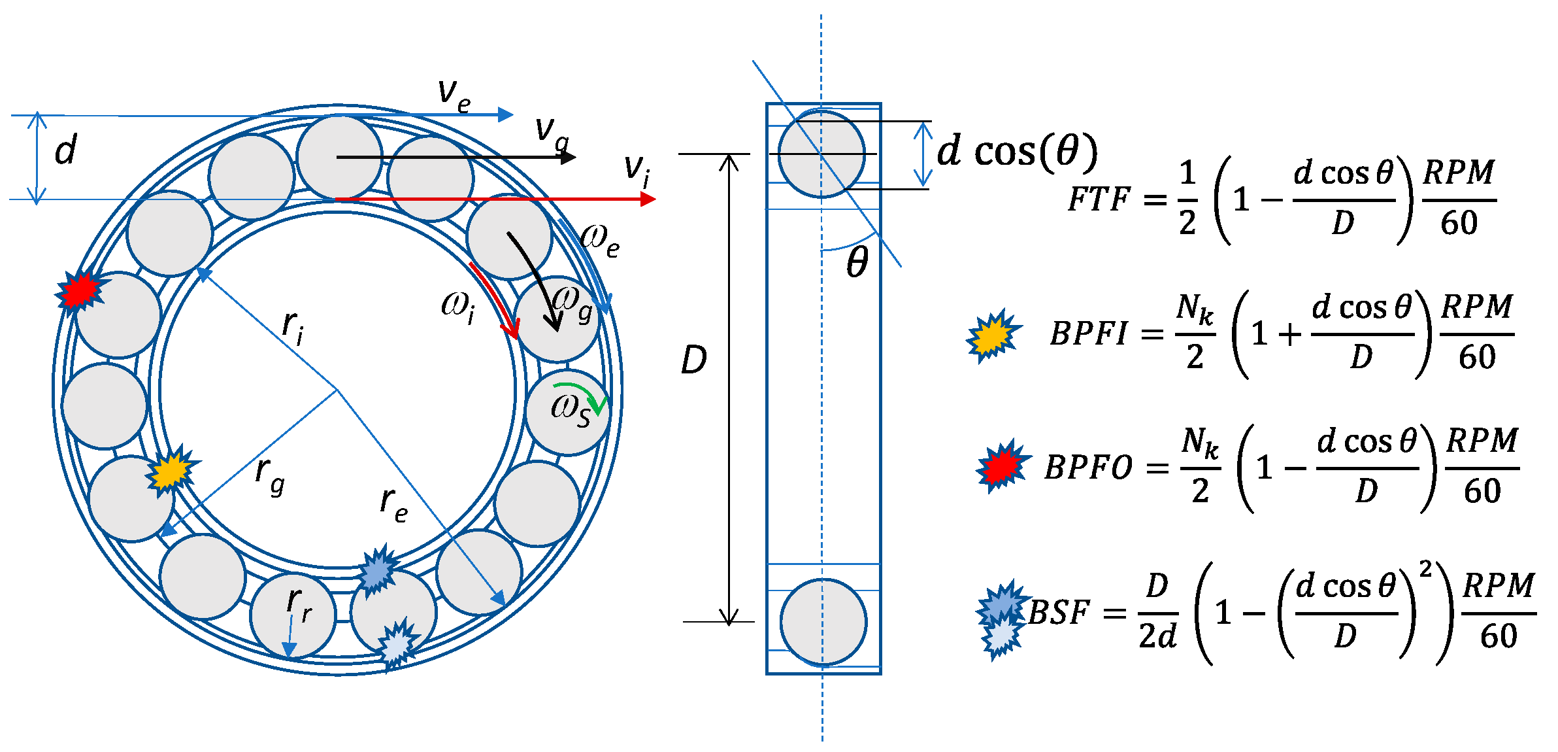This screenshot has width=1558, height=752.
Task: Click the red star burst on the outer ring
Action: tap(80, 290)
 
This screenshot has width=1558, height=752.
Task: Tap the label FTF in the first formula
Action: tap(1099, 199)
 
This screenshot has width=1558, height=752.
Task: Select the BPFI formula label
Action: tap(1088, 333)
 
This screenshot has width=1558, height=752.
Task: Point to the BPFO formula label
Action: tap(1088, 468)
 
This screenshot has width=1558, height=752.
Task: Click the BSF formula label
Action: tap(1059, 613)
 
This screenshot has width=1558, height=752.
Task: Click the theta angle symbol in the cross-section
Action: tap(857, 263)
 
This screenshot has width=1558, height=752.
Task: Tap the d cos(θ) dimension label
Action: tap(1017, 152)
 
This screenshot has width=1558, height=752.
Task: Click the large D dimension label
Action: tap(693, 360)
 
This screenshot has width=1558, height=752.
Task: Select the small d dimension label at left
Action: tap(65, 150)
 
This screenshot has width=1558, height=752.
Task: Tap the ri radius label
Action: tap(293, 326)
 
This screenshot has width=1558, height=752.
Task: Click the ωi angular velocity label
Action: tap(458, 306)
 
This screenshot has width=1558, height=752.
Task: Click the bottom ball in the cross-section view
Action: tap(823, 621)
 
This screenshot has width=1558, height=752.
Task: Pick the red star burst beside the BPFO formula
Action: tap(1001, 466)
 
